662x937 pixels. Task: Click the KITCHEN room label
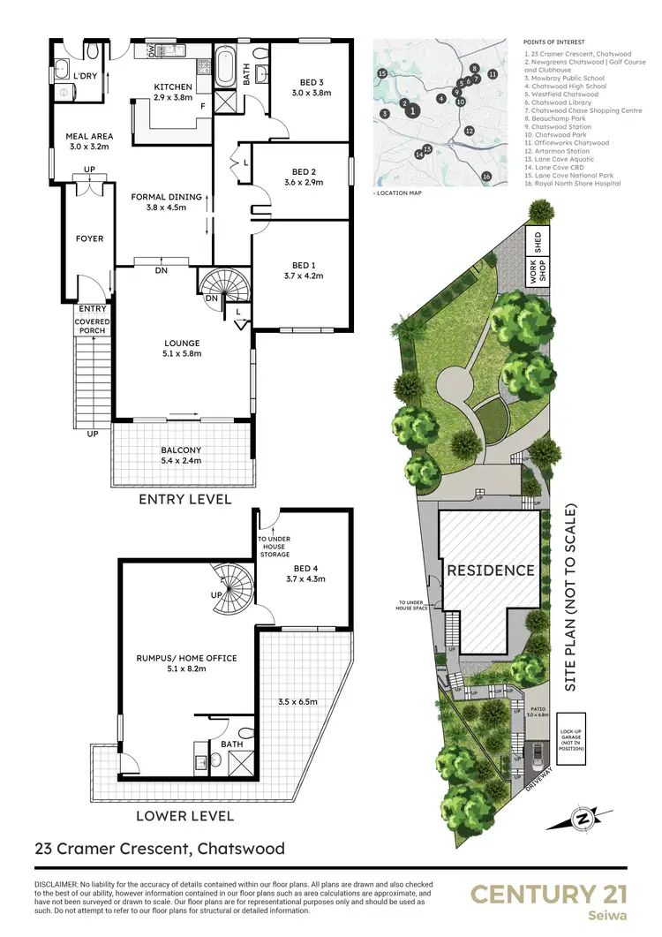point(173,87)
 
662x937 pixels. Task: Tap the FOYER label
point(89,238)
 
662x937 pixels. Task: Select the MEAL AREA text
point(87,137)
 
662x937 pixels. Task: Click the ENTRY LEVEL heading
point(185,500)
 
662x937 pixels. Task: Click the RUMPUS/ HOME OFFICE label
point(185,658)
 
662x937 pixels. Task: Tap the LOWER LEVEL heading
point(185,816)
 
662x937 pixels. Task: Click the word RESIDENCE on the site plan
point(490,570)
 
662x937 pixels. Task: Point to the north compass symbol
point(582,820)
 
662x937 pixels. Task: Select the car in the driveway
point(536,755)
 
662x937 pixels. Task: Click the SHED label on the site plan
point(535,242)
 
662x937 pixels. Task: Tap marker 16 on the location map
point(486,177)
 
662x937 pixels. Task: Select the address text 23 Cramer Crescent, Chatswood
point(160,850)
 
